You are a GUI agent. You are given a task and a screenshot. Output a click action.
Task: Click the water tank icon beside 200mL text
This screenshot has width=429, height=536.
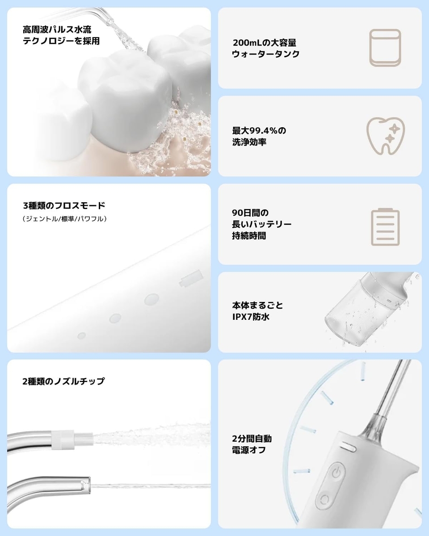tap(385, 48)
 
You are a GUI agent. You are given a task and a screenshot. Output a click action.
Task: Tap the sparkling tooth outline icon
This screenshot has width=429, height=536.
tap(385, 136)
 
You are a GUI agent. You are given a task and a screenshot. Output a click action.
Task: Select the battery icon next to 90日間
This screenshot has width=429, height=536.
tap(385, 226)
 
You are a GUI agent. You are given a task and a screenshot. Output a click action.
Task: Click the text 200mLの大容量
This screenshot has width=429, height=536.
tap(265, 43)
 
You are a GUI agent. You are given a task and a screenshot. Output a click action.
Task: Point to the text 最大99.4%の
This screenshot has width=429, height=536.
tap(259, 130)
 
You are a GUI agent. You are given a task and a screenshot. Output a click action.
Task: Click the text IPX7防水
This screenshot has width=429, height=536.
tap(251, 317)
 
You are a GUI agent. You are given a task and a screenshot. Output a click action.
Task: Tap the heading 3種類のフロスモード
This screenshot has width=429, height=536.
tap(64, 205)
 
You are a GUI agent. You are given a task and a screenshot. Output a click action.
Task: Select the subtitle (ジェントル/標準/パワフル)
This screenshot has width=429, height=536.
tap(64, 219)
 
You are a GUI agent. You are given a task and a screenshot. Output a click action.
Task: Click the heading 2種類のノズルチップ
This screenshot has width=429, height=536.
tap(63, 381)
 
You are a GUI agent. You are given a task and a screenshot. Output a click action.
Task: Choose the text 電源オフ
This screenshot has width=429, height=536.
tap(249, 450)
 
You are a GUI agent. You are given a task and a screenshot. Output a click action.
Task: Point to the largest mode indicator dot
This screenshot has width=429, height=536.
tap(151, 299)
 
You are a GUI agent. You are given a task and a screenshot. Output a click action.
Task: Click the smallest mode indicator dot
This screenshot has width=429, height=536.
tap(81, 335)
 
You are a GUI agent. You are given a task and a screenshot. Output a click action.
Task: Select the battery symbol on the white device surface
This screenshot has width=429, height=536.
tap(191, 278)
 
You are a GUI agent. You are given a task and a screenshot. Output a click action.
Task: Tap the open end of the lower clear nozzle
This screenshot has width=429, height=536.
tap(88, 485)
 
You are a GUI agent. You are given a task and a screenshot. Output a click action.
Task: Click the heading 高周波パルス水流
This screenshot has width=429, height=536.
tap(57, 29)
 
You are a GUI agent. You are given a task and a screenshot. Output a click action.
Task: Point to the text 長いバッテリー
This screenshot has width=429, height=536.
tap(262, 224)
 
